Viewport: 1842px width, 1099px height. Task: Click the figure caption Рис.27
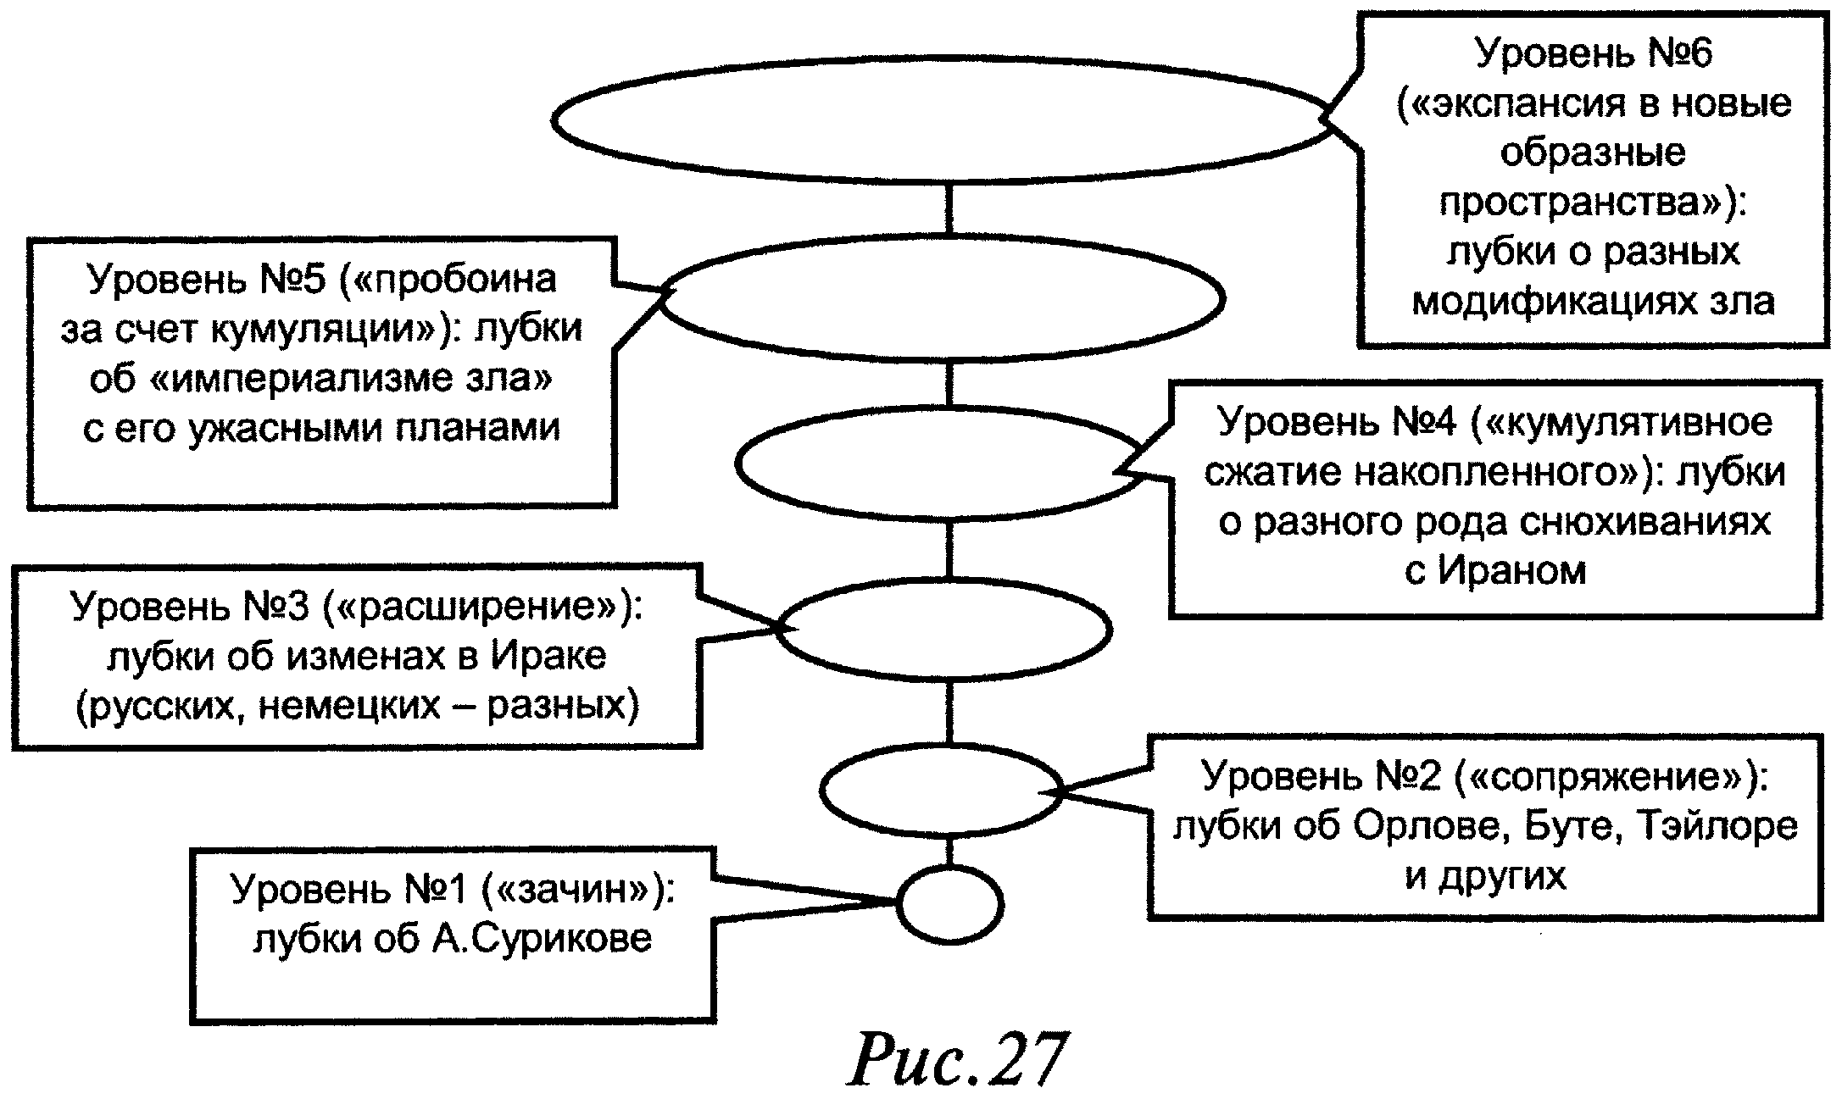[x=956, y=1059]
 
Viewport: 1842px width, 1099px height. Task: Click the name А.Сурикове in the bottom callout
[x=542, y=938]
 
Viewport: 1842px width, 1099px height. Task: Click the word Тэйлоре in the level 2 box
[x=1720, y=825]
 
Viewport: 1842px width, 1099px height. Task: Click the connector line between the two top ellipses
[x=949, y=209]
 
